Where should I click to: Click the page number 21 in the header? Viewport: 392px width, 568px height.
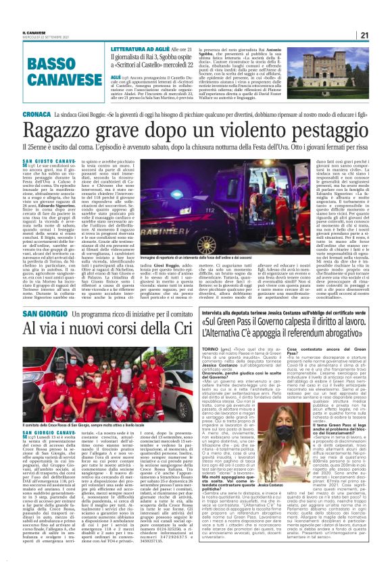[383, 36]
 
